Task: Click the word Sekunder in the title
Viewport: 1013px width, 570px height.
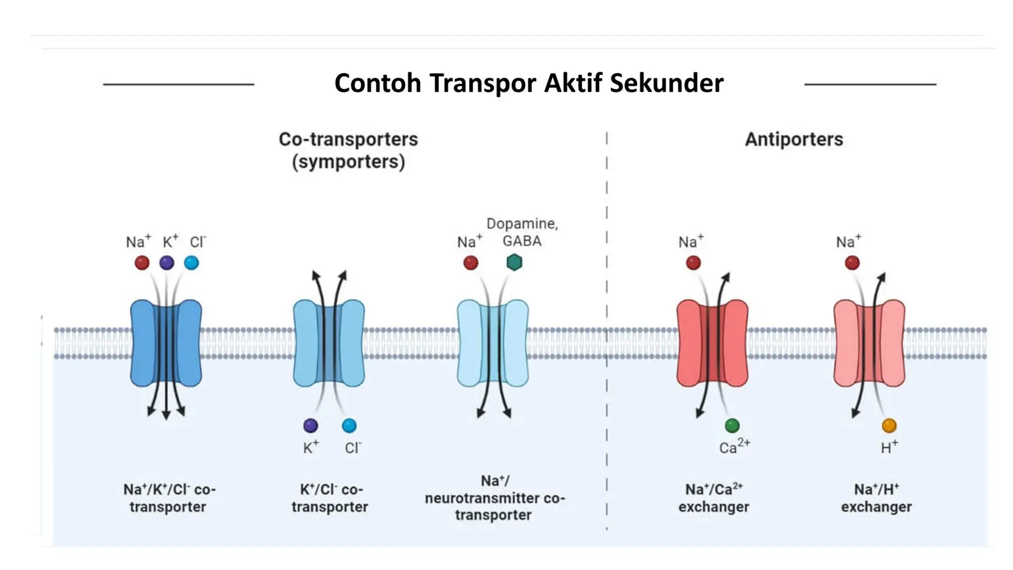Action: point(666,83)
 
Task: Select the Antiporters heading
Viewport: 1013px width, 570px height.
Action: point(793,140)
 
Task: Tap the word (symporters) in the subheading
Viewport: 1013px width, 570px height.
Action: point(348,162)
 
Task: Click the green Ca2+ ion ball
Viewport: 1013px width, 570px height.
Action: point(732,425)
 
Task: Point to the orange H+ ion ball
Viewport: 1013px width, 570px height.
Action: point(888,425)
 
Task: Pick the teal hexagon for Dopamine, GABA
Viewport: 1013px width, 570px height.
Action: point(514,262)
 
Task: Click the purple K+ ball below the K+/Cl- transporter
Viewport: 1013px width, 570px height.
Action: point(311,425)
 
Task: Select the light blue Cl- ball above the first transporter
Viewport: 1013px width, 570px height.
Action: point(191,263)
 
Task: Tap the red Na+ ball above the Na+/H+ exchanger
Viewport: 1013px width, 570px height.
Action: point(852,263)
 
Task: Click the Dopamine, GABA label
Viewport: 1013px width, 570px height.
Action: point(522,232)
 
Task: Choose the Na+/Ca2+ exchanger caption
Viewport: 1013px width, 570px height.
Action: point(713,498)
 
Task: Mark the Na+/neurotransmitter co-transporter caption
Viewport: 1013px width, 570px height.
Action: point(494,498)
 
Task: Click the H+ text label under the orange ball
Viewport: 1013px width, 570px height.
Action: point(889,447)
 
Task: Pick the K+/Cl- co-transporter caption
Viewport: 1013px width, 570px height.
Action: point(330,498)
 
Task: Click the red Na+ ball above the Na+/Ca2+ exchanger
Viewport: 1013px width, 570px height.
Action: point(693,263)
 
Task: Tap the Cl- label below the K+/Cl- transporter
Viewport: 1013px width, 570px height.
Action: point(353,448)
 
